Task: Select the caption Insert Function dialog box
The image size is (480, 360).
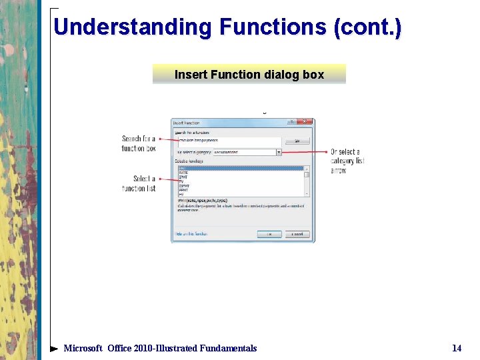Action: click(249, 75)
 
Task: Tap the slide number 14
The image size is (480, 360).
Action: click(457, 348)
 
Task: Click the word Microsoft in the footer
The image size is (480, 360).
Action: click(83, 348)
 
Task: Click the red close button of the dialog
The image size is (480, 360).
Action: click(305, 122)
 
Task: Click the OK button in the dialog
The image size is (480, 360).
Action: click(269, 234)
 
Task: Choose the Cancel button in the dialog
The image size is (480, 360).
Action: click(297, 234)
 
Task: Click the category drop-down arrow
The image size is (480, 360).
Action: click(279, 152)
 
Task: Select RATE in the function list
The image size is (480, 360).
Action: click(183, 173)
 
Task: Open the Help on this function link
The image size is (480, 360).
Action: click(191, 234)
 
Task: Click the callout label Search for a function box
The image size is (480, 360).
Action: click(139, 143)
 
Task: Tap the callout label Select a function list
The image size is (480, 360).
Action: click(139, 183)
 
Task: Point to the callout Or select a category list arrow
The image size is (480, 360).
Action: click(347, 161)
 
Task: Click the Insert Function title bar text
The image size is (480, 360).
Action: click(186, 123)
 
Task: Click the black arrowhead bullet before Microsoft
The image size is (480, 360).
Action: click(54, 348)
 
